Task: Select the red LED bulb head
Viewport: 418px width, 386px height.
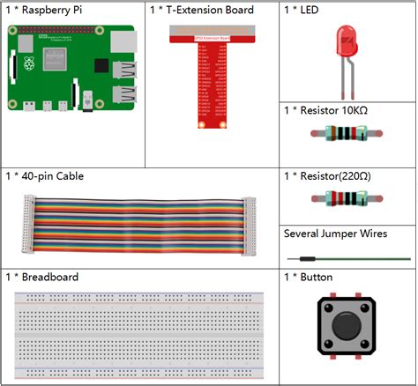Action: [345, 42]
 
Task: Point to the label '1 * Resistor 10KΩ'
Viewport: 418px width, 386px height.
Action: [327, 110]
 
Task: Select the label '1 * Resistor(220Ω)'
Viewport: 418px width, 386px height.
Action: [327, 177]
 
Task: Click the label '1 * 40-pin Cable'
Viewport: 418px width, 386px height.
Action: [46, 176]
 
